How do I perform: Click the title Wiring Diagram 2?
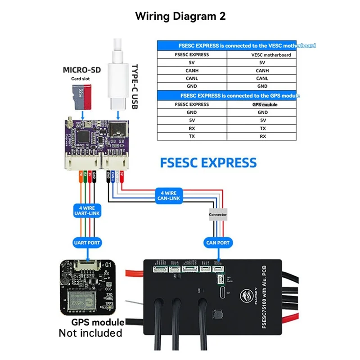point(180,16)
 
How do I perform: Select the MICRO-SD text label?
point(81,70)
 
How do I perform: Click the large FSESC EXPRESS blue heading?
point(208,162)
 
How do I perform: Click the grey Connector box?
point(218,215)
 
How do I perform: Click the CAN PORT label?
point(217,243)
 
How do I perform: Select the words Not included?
point(90,333)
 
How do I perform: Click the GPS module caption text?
point(98,323)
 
